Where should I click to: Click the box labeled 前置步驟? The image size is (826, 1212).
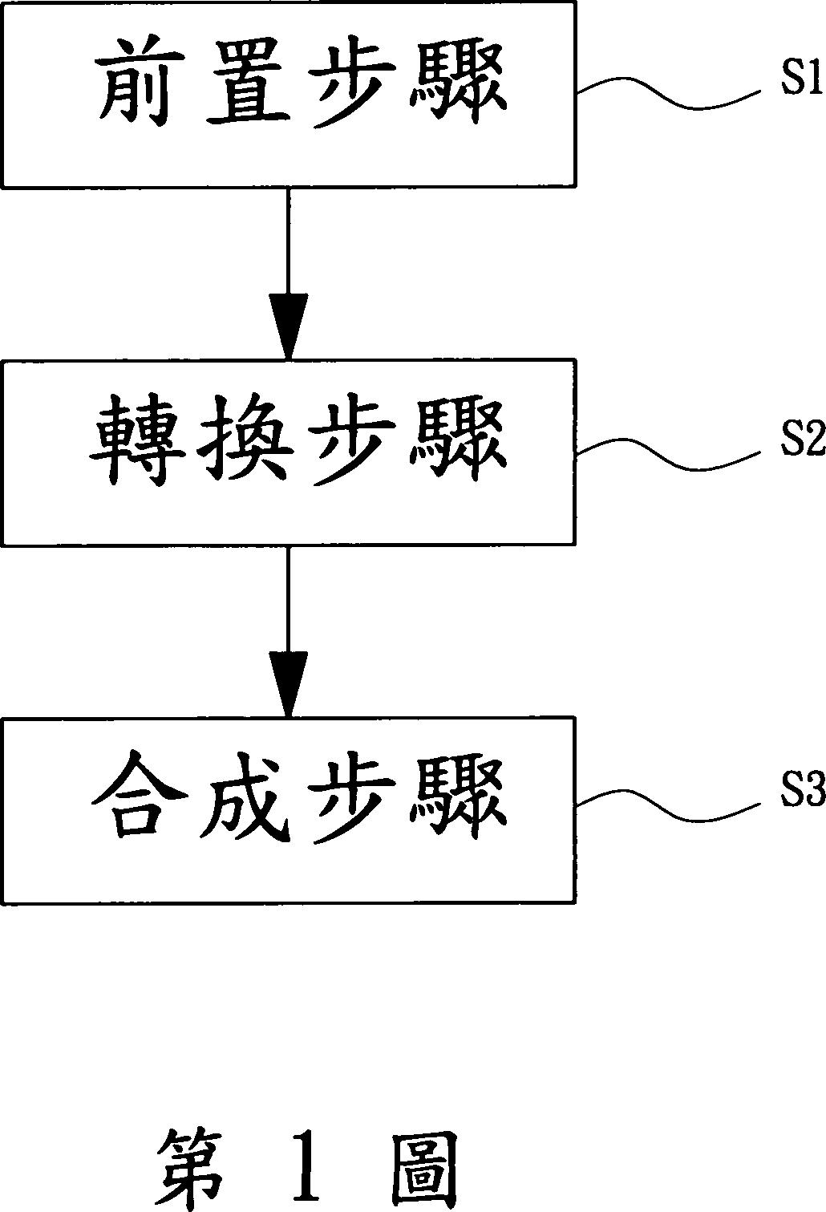[x=289, y=95]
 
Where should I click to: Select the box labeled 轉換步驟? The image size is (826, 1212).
[x=289, y=452]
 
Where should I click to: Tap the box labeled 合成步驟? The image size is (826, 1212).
[x=289, y=810]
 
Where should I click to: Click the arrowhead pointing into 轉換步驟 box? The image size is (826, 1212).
[x=288, y=326]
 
